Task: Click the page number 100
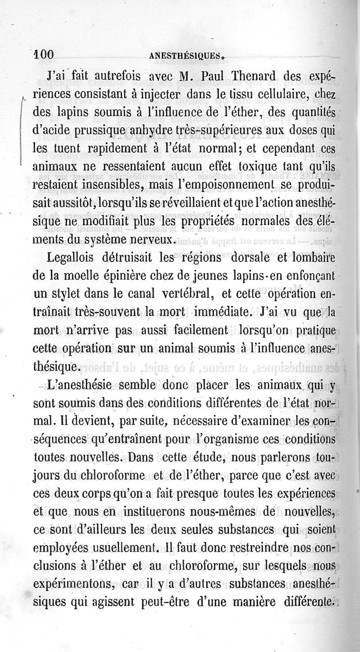tap(44, 54)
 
